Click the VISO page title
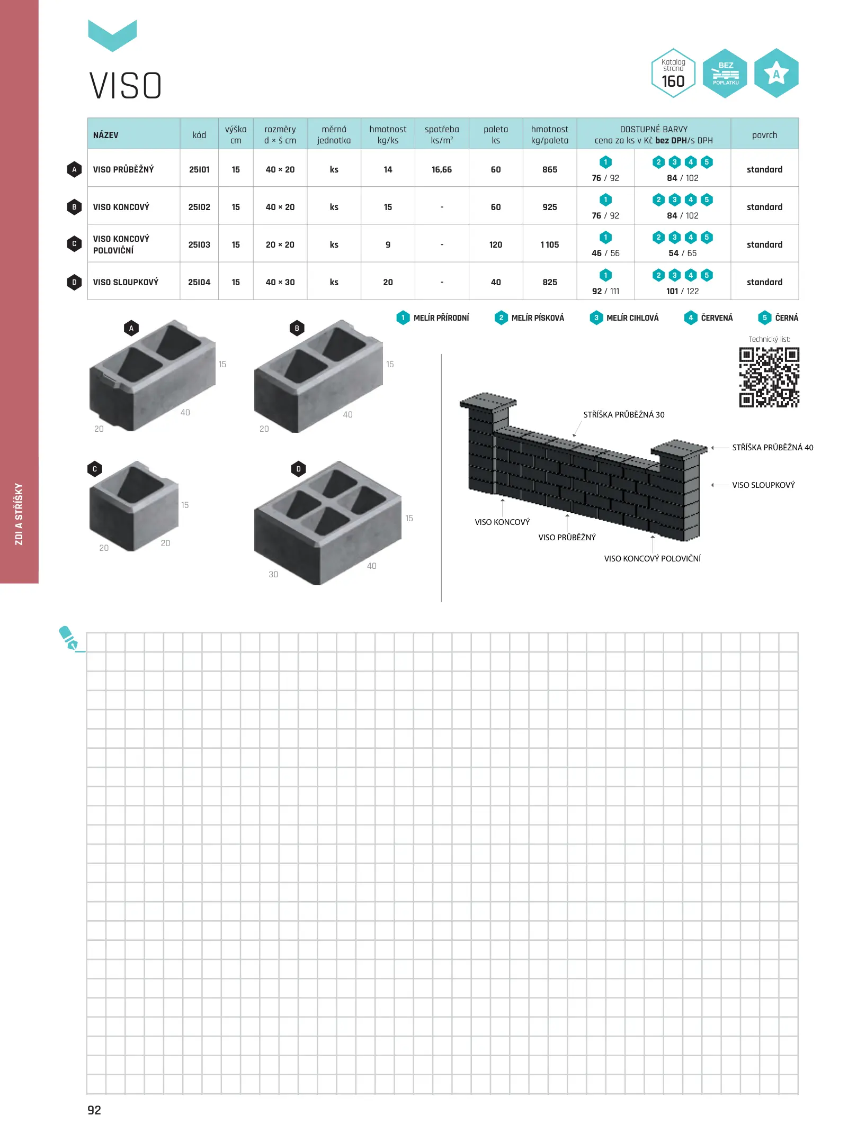point(126,86)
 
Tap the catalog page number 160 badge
point(673,73)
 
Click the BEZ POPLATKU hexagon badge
point(725,73)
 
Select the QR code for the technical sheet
point(769,377)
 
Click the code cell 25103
point(199,244)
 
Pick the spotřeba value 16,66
point(442,169)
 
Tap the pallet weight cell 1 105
point(550,244)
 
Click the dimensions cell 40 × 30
point(280,282)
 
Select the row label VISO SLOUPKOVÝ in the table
point(126,282)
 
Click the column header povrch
point(764,135)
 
